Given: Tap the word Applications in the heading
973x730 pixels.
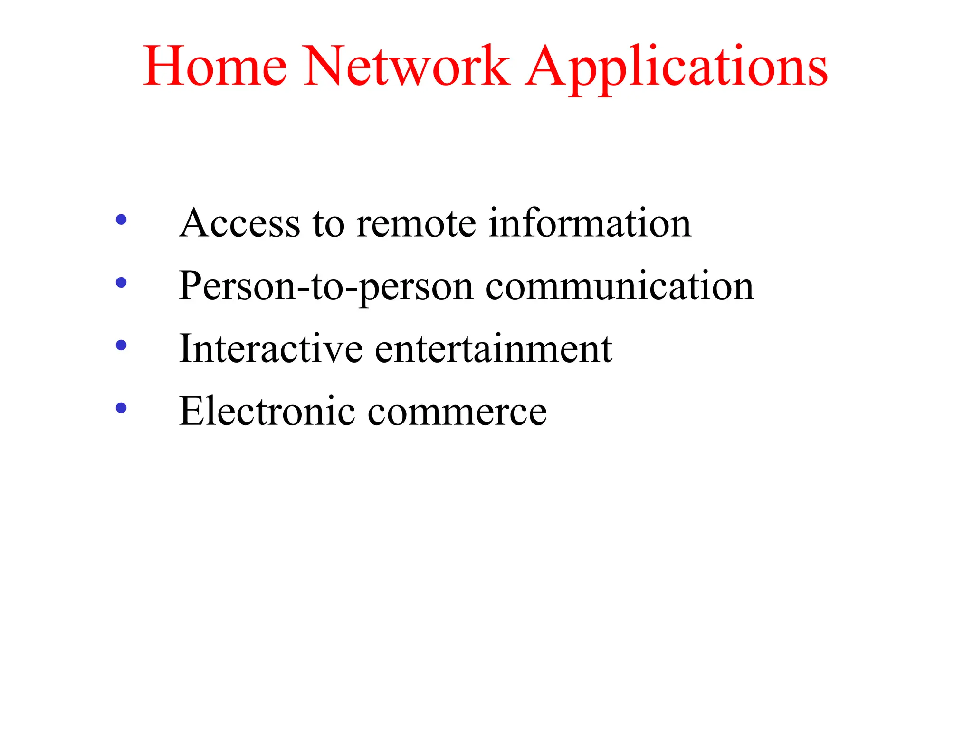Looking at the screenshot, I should pos(677,67).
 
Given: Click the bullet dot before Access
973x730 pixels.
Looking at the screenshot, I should pos(121,220).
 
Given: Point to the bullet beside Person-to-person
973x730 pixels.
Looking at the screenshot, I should pos(121,282).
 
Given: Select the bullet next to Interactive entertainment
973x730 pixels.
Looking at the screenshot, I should pos(121,345).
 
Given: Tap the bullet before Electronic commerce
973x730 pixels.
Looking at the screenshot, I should pos(121,408).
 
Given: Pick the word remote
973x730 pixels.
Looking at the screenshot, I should pos(416,223).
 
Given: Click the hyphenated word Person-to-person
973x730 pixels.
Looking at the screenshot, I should pos(326,286).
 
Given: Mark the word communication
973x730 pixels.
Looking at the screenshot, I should pos(620,286).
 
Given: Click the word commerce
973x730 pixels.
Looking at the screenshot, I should pos(457,412).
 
